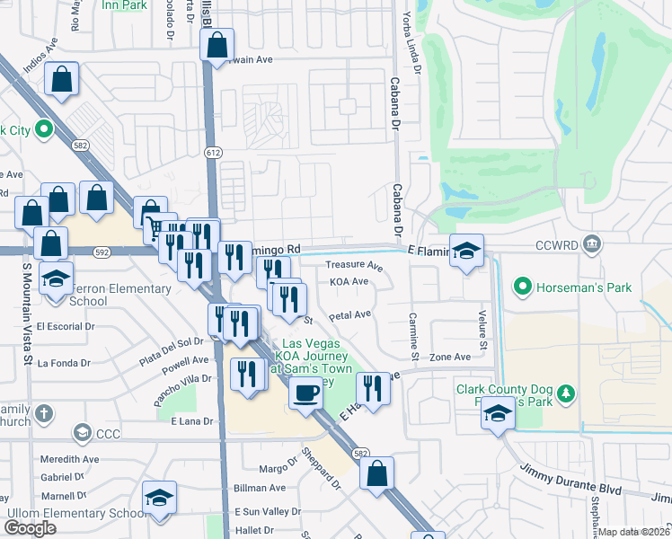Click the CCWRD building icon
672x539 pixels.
coord(592,243)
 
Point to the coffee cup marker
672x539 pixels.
coord(305,393)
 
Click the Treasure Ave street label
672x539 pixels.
coord(354,266)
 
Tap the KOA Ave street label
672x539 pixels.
coord(349,281)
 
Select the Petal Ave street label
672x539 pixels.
coord(349,315)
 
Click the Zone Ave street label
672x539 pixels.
coord(449,357)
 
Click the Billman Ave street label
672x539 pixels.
coord(259,488)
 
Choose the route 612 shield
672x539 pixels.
coord(212,154)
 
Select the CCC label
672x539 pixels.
coord(109,434)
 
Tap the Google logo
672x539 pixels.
coord(31,528)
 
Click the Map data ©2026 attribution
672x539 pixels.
coord(634,532)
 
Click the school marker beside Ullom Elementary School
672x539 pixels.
coord(159,499)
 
